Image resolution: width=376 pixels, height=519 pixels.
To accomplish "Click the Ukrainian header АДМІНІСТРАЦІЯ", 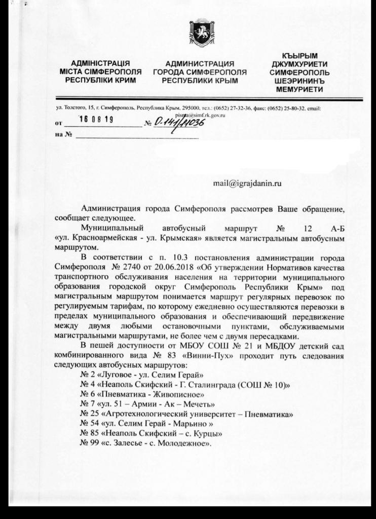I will [x=100, y=64].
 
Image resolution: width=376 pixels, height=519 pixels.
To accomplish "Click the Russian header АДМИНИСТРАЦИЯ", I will [x=200, y=64].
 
